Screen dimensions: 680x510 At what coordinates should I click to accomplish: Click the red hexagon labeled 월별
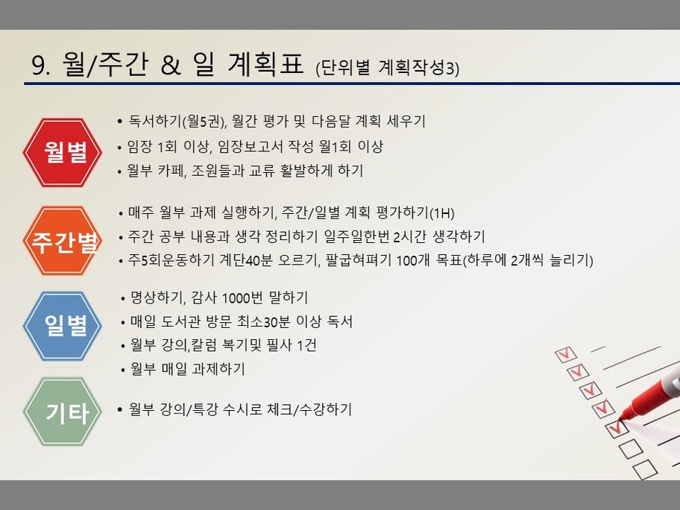point(63,153)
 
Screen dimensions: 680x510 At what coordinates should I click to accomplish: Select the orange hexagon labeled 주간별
point(63,241)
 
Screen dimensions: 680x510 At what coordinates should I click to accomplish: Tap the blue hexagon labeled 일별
point(63,326)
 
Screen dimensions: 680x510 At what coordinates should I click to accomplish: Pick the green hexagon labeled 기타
point(63,412)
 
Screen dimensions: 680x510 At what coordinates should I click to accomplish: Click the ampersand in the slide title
point(170,65)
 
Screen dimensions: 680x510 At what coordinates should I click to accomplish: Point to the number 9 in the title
point(38,66)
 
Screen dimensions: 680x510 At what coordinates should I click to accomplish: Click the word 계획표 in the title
point(265,64)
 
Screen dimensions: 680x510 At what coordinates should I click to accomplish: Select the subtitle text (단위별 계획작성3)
point(387,68)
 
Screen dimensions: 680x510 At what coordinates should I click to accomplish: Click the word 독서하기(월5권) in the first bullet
point(177,121)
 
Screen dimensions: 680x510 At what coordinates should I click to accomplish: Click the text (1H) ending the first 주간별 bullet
point(441,213)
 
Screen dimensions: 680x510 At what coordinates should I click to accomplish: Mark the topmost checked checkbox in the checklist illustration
point(565,354)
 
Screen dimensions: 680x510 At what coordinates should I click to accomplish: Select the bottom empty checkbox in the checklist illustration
point(644,470)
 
